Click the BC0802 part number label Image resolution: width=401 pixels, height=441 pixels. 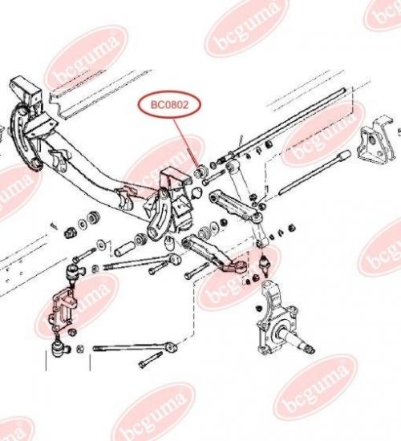tap(169, 105)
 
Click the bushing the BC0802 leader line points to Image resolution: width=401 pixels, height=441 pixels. tap(200, 172)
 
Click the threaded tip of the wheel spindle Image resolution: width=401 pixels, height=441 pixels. tap(310, 350)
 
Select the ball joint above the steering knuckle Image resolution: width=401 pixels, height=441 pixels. tap(265, 264)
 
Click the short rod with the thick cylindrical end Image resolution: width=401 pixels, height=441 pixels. tap(314, 172)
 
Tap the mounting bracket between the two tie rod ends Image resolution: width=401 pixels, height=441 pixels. tap(63, 310)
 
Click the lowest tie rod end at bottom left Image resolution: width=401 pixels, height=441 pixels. tap(59, 348)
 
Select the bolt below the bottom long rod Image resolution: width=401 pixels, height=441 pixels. tap(150, 360)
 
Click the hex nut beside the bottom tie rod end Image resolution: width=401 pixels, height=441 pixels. tap(80, 349)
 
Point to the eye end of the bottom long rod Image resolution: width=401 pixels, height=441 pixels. tap(172, 347)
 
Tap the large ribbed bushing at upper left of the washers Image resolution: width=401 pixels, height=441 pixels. tap(94, 217)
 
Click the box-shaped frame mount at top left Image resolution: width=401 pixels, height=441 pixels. tap(26, 93)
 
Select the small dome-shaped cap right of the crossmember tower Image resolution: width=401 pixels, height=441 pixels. tap(196, 192)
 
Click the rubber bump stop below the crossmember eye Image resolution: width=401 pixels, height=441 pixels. tap(170, 243)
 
